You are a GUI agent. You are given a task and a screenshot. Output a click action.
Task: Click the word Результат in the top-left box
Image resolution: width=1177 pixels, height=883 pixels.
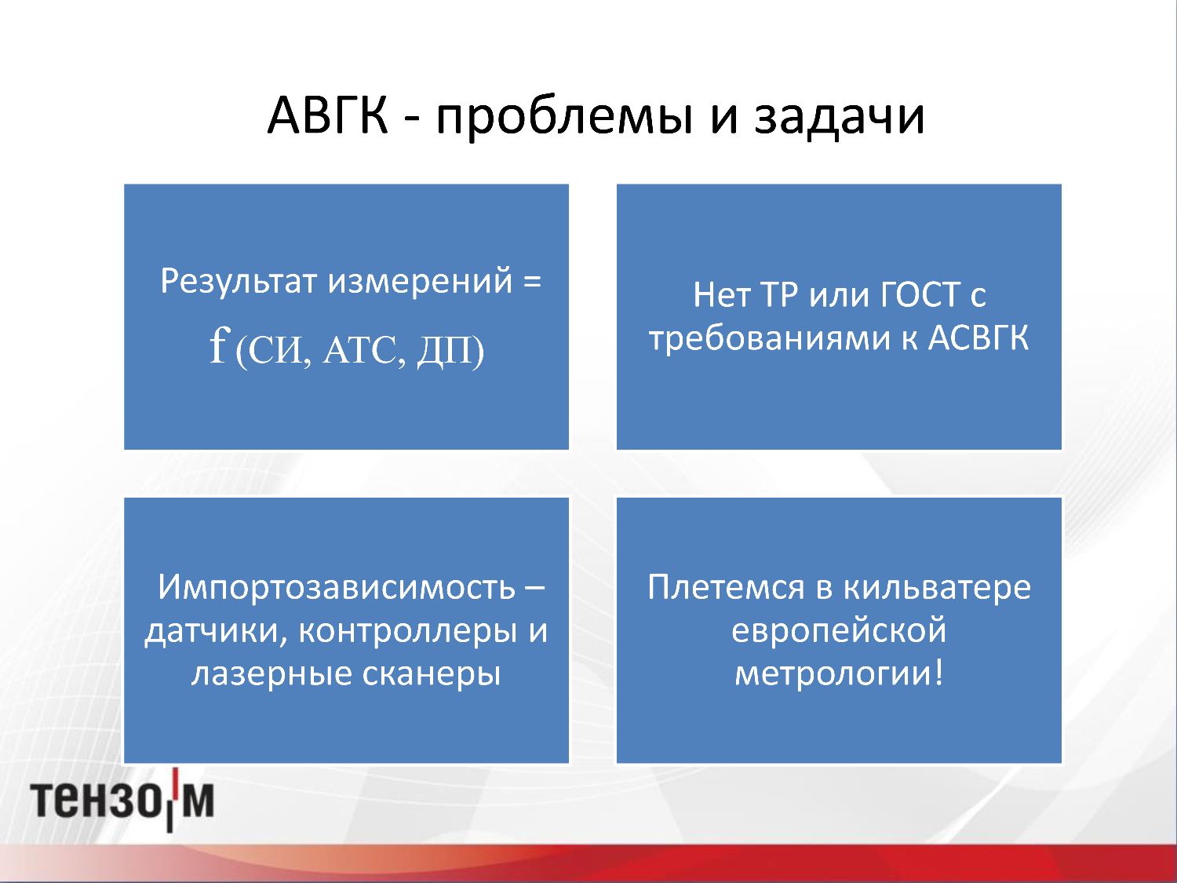tap(239, 282)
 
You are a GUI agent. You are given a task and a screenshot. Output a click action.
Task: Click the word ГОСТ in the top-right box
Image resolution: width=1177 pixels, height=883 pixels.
tap(920, 294)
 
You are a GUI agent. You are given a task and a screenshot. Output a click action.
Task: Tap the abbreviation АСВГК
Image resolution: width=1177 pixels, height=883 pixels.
tap(978, 338)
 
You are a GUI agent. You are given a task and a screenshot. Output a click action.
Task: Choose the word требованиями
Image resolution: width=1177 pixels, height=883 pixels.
tap(769, 339)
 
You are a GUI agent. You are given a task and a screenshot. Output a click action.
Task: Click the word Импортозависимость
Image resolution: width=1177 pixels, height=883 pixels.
tap(336, 588)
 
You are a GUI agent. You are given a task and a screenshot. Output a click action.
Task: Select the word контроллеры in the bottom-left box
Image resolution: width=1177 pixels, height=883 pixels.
tap(407, 631)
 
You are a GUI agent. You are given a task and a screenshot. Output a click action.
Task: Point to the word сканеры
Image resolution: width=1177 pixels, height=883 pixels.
tap(431, 674)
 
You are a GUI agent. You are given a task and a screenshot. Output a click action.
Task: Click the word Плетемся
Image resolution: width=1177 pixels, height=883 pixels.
tap(726, 587)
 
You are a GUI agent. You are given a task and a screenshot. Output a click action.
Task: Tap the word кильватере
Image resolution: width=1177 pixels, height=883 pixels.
tap(938, 588)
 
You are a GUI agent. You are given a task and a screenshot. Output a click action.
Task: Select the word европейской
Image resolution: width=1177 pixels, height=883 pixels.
tap(839, 631)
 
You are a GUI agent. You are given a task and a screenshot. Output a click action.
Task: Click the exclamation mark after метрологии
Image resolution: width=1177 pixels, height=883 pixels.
tap(938, 671)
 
